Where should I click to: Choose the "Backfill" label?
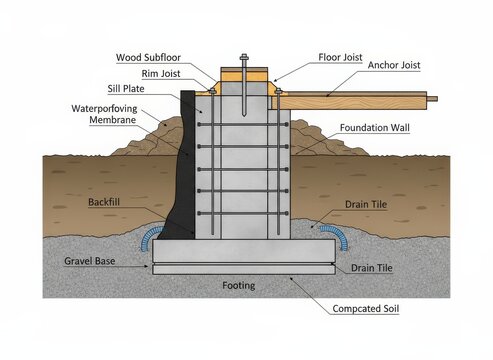104,202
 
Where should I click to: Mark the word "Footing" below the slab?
239,286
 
